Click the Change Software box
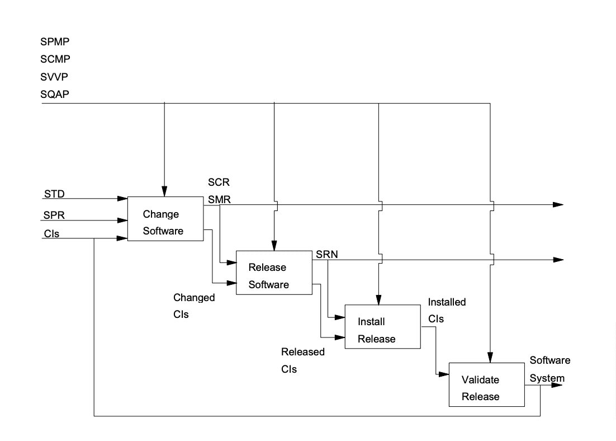coord(165,219)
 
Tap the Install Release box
coord(382,327)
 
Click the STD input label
coord(54,195)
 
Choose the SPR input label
coord(54,215)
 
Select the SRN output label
coord(326,255)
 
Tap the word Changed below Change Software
coord(194,298)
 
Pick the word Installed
coord(447,302)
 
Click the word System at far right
coord(547,378)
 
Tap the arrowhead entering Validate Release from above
coord(490,358)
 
